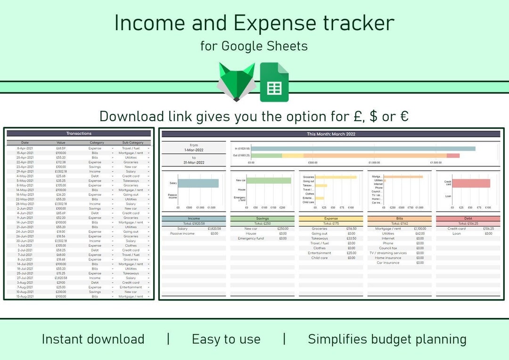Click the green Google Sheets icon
[x=274, y=82]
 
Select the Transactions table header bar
[x=79, y=134]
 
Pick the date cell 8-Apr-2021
[x=25, y=148]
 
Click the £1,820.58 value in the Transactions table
[x=61, y=278]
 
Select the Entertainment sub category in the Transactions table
[x=131, y=287]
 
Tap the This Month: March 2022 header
[x=330, y=134]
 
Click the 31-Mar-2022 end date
[x=194, y=163]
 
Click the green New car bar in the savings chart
[x=269, y=180]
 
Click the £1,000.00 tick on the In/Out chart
[x=374, y=163]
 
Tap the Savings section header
[x=262, y=219]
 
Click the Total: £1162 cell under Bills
[x=399, y=224]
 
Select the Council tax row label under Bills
[x=388, y=248]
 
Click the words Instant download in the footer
[x=93, y=339]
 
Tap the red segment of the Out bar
[x=453, y=155]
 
